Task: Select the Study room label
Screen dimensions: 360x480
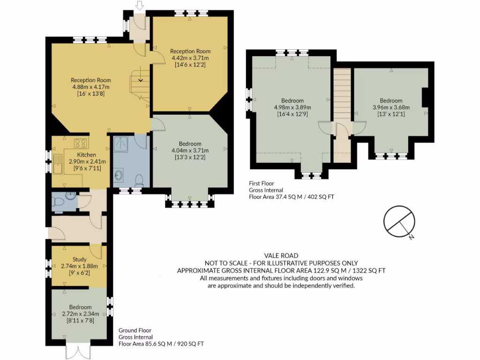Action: (80, 259)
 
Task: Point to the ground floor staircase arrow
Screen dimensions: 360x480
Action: (139, 80)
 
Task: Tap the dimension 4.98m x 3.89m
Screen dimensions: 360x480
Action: (292, 107)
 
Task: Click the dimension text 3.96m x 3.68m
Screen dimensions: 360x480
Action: (391, 107)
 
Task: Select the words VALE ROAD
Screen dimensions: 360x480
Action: (281, 256)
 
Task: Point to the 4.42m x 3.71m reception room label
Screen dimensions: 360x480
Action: (190, 58)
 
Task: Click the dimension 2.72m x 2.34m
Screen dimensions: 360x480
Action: (79, 314)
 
